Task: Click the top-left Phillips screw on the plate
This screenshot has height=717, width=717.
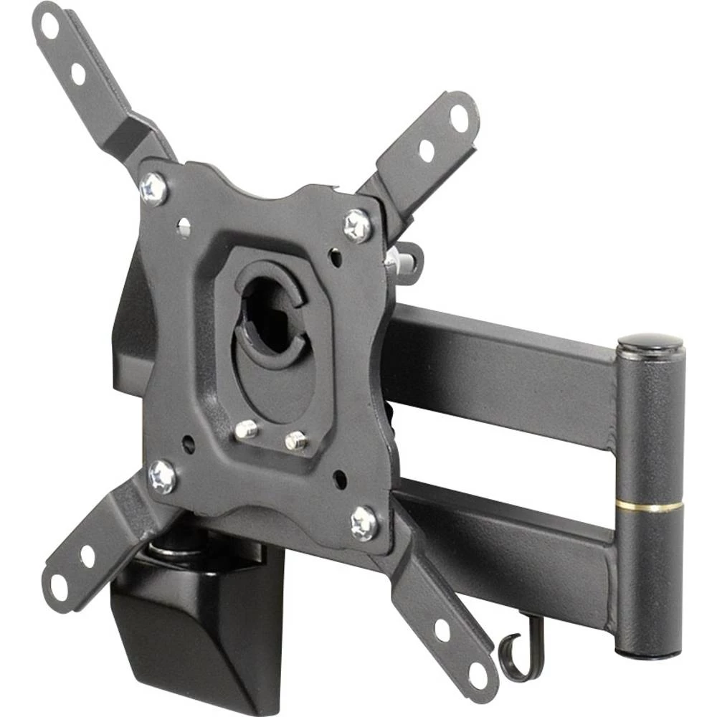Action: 153,188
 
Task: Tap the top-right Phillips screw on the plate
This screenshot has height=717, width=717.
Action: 358,225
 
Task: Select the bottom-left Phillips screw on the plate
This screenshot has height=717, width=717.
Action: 163,475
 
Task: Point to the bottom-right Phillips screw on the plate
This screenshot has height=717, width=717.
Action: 365,523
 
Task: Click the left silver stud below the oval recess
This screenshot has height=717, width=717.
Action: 246,429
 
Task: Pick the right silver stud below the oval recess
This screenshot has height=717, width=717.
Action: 295,440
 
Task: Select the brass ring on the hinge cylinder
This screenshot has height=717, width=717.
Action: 650,507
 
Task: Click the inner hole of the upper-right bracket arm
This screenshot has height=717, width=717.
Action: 427,150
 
